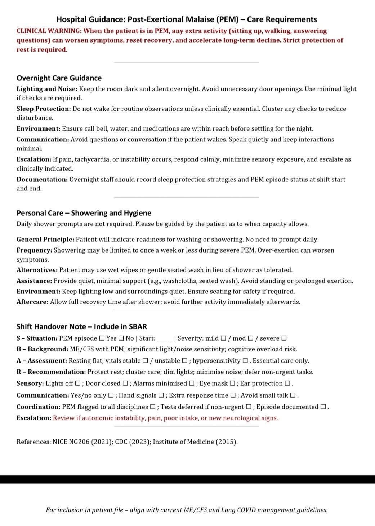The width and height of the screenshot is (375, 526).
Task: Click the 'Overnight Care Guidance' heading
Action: [59, 78]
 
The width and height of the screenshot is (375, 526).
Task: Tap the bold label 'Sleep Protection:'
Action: [44, 109]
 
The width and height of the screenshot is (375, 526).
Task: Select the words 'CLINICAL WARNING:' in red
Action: [49, 31]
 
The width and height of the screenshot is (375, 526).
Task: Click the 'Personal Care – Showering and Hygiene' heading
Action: [84, 213]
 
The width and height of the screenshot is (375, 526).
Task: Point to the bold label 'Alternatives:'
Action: [37, 270]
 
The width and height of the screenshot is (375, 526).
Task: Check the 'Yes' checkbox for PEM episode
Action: [102, 338]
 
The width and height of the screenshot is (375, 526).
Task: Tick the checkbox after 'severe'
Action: [284, 338]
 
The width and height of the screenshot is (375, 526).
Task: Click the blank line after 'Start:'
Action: [165, 338]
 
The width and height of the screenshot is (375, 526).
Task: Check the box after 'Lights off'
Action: [78, 383]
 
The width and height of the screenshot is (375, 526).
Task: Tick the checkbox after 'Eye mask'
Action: [232, 383]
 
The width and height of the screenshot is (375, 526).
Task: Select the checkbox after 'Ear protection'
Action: [287, 383]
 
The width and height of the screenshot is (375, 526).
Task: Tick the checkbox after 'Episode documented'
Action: [323, 407]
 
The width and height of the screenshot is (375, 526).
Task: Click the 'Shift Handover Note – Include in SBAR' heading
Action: [82, 326]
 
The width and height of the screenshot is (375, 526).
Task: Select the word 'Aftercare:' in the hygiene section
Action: [32, 302]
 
